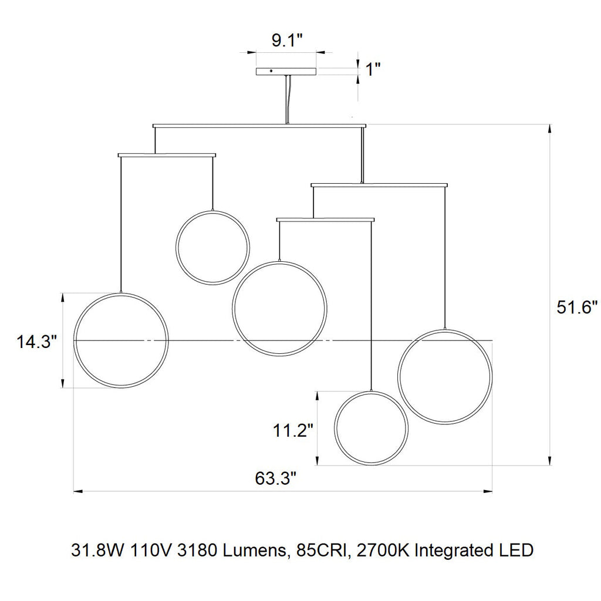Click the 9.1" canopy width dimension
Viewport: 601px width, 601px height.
pyautogui.click(x=286, y=40)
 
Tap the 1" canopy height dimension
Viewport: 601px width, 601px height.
pyautogui.click(x=373, y=69)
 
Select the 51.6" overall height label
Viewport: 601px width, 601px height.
pyautogui.click(x=577, y=308)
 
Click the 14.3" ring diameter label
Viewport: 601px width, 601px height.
pyautogui.click(x=36, y=342)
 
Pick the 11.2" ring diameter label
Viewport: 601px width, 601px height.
pyautogui.click(x=292, y=431)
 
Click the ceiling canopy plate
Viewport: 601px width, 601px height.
pyautogui.click(x=286, y=72)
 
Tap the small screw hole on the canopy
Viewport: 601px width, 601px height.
pyautogui.click(x=271, y=71)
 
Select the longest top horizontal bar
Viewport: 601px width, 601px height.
pyautogui.click(x=259, y=126)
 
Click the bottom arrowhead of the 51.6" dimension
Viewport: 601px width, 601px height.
pyautogui.click(x=550, y=461)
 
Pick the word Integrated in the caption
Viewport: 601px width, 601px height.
pyautogui.click(x=453, y=551)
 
